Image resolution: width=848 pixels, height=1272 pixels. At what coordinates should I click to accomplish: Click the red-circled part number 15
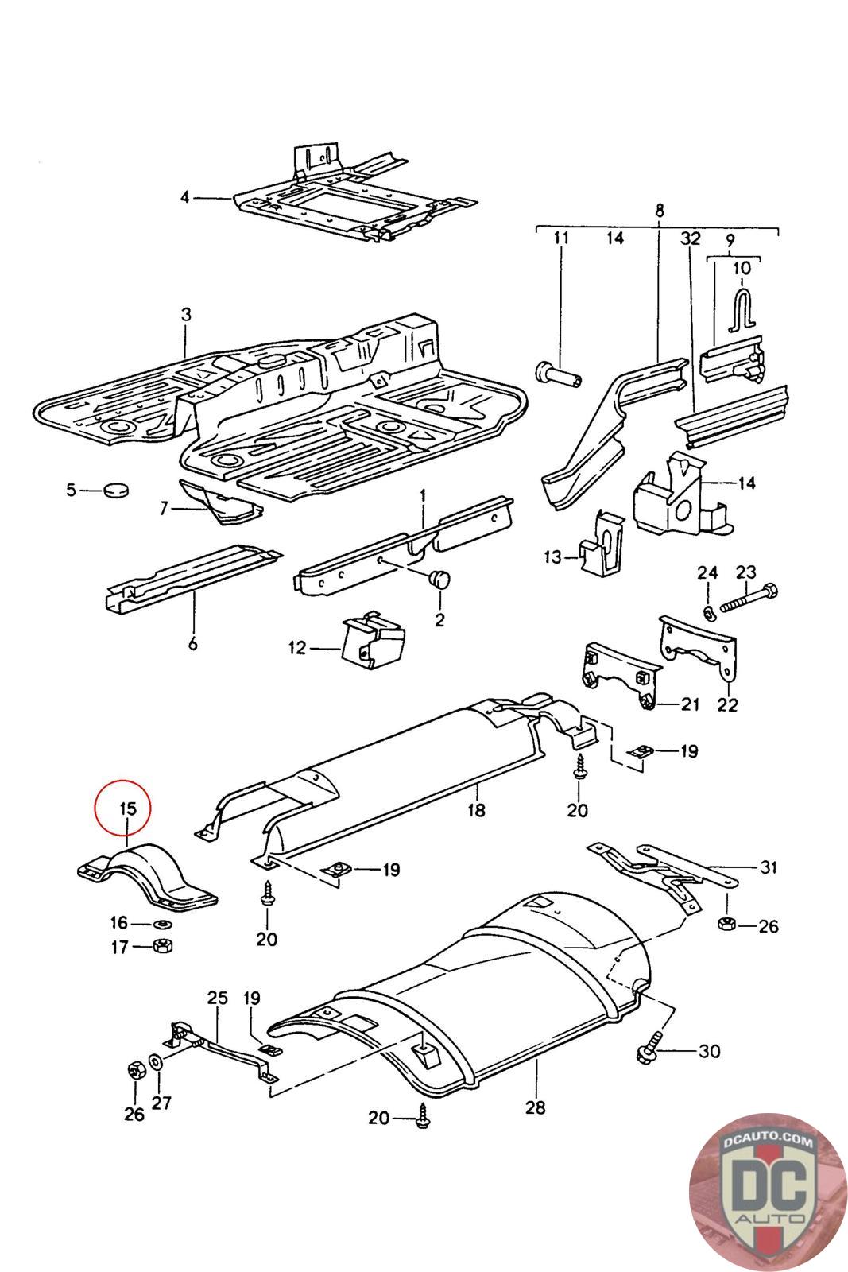(128, 808)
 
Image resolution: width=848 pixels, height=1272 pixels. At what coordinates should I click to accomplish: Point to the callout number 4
(185, 198)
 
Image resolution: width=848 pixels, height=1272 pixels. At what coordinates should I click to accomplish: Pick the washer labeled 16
(163, 924)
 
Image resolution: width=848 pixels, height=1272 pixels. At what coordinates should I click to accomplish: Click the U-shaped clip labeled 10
(742, 308)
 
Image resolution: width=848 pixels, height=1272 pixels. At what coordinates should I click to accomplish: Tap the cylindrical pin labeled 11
(558, 374)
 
